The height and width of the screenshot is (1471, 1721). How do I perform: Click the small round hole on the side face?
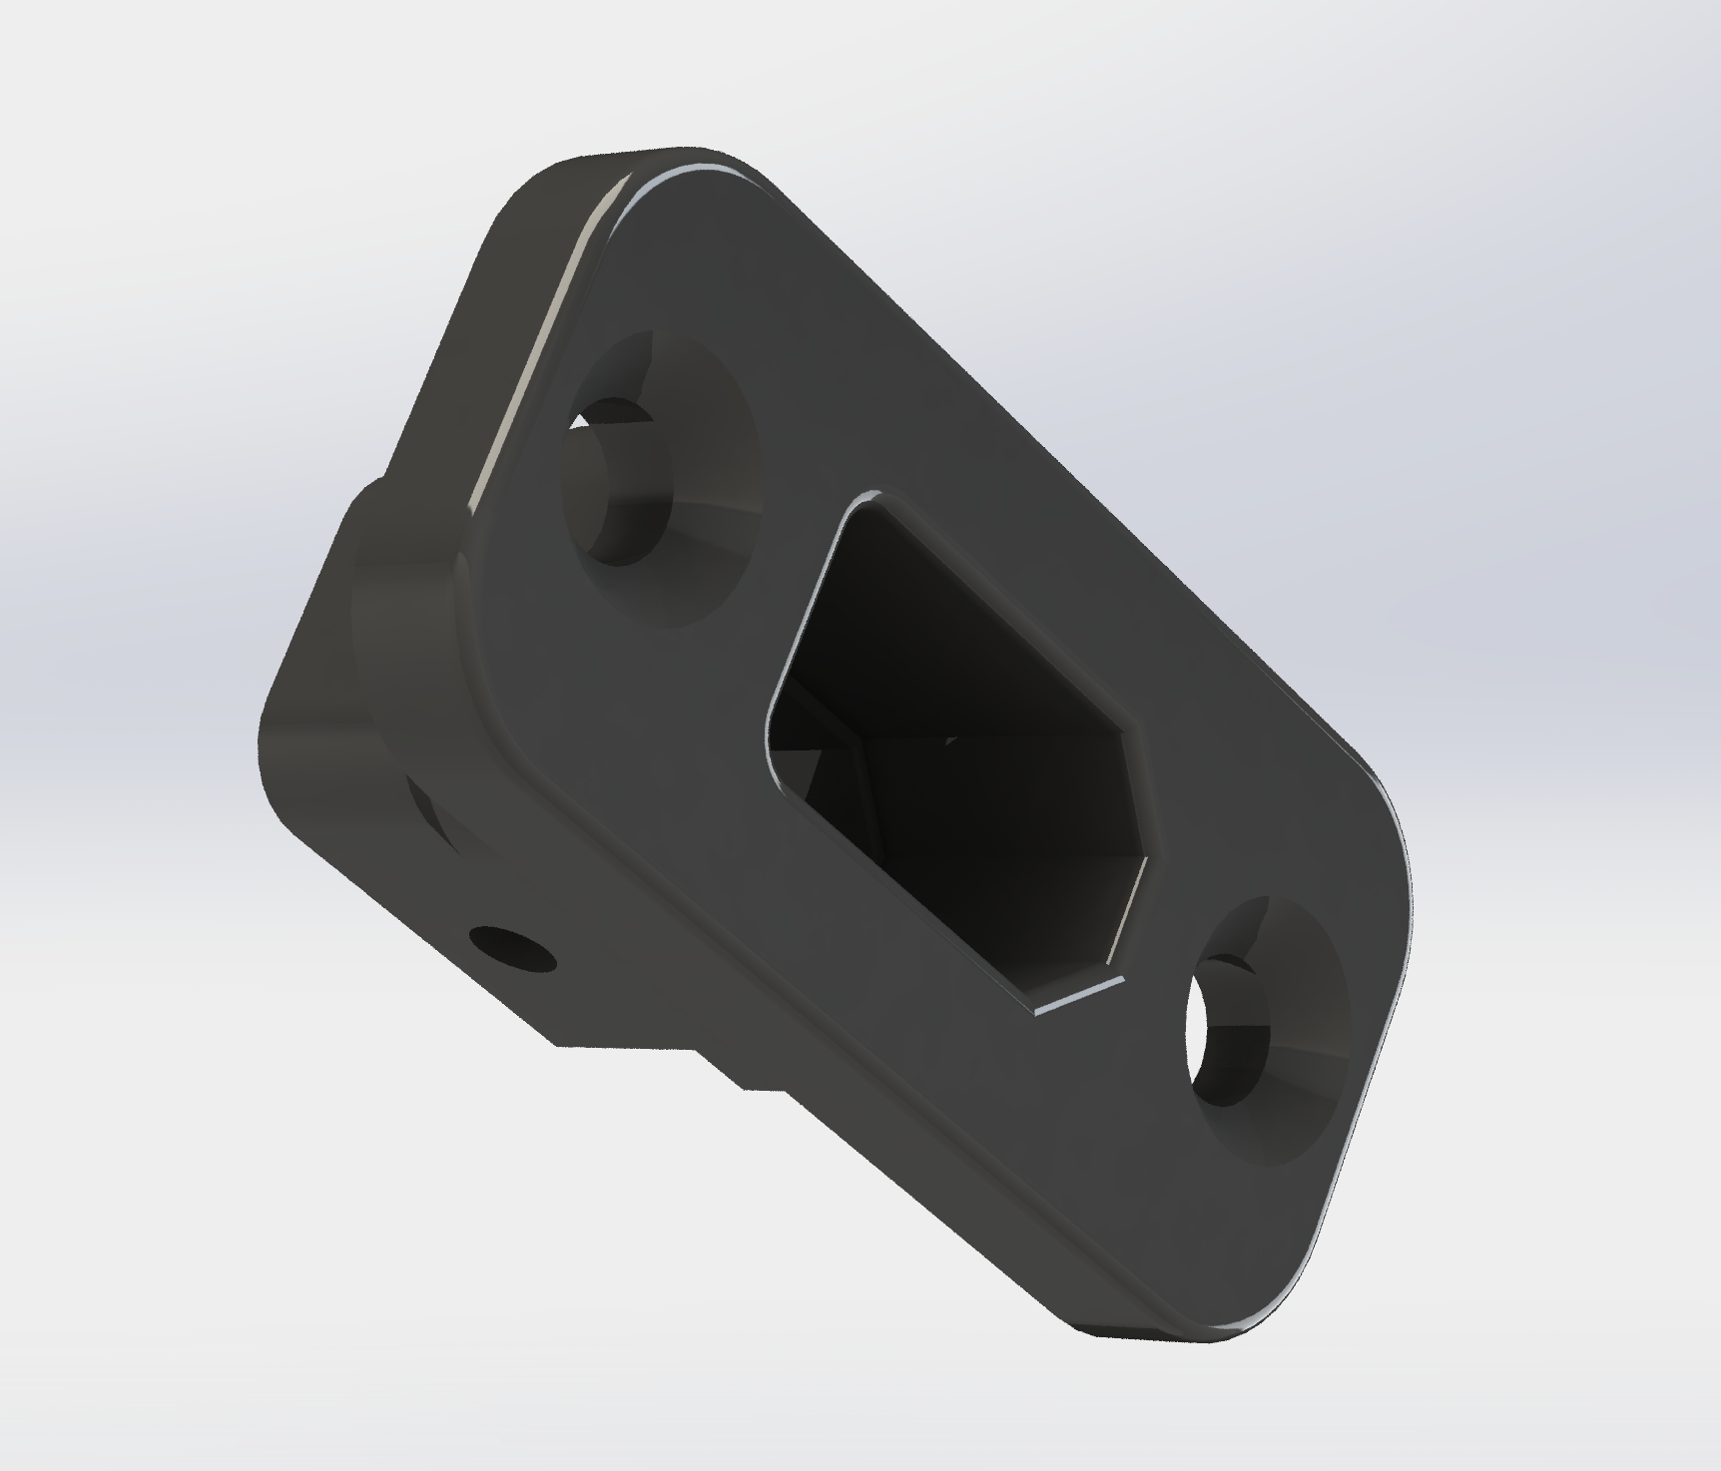click(511, 948)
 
